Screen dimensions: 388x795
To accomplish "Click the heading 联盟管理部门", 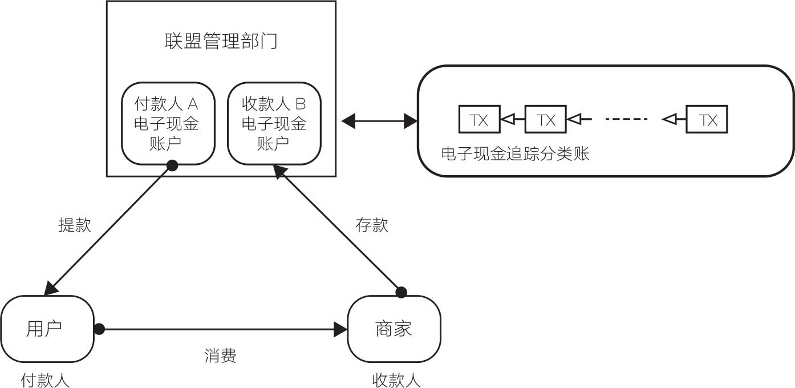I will pos(220,42).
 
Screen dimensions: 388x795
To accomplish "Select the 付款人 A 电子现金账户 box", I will pos(168,123).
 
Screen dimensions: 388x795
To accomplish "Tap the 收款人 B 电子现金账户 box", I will pos(274,123).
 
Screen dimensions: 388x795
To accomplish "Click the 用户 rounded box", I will pos(47,329).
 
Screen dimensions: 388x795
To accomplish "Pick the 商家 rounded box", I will pos(394,329).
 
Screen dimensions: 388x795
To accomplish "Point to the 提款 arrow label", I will pos(75,225).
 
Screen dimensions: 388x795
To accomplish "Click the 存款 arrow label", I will pos(372,225).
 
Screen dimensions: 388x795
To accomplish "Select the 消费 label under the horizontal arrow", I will pos(220,356).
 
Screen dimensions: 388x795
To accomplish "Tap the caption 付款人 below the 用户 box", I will pos(45,380).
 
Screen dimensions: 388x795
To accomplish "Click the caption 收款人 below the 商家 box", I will pos(396,380).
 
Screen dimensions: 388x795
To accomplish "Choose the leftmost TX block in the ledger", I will pos(479,119).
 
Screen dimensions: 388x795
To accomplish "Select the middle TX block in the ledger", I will pos(545,119).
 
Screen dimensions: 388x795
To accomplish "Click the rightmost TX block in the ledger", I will pos(707,119).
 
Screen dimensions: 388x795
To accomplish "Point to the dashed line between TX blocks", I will pos(626,119).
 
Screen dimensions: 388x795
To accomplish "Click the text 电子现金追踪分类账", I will pos(515,154).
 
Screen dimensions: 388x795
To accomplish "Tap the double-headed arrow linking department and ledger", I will pos(379,120).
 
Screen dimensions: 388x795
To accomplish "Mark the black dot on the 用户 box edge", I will pos(99,329).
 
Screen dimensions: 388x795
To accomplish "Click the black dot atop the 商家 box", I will pos(401,293).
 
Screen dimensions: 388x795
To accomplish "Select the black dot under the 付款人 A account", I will pos(172,165).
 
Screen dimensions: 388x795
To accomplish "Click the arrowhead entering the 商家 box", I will pos(341,329).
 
